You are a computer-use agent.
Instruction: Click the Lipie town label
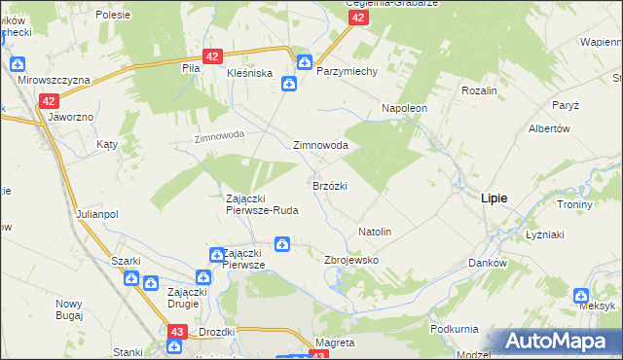click(x=494, y=197)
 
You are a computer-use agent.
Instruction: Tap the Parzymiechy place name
click(x=347, y=71)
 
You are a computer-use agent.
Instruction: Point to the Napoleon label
click(x=405, y=108)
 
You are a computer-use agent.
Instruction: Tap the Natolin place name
click(x=375, y=232)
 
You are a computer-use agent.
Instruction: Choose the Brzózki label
click(x=330, y=185)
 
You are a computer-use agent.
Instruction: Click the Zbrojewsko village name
click(x=350, y=261)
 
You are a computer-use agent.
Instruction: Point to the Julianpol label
click(x=96, y=214)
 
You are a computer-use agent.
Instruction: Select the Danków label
click(x=488, y=263)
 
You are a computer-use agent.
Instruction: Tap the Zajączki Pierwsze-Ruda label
click(x=262, y=203)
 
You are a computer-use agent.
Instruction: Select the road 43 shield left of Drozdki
click(x=176, y=332)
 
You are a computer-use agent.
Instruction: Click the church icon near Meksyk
click(x=581, y=295)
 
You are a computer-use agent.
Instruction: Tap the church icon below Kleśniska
click(x=289, y=84)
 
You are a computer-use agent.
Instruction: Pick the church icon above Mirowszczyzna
click(x=17, y=64)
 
